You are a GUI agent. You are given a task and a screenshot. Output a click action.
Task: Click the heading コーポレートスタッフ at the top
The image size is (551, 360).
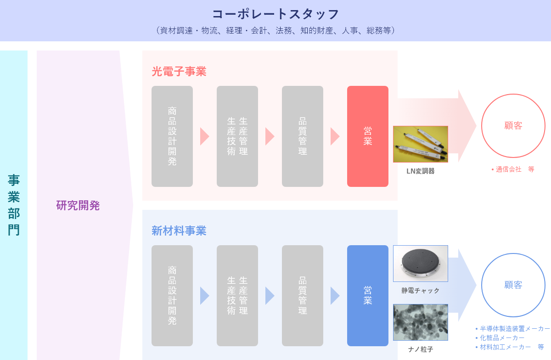tap(275, 14)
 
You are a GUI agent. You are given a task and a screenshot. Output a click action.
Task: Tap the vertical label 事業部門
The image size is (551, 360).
tap(13, 205)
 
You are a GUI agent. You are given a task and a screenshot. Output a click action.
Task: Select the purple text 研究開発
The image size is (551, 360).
tap(78, 205)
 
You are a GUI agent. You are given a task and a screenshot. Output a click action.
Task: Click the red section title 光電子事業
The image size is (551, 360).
tap(179, 72)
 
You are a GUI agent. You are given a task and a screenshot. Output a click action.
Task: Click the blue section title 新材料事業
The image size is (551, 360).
tap(179, 231)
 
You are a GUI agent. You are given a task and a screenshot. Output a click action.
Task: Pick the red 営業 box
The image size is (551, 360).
tap(367, 136)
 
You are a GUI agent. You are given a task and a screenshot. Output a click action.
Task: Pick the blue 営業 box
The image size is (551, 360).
tap(367, 296)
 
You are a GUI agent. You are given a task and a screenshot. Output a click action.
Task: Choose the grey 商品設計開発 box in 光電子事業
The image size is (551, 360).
tap(172, 136)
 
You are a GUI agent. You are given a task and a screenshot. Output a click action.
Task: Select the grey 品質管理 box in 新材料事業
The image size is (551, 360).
tap(302, 296)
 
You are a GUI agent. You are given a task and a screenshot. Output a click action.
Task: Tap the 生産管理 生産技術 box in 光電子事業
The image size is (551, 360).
tap(237, 136)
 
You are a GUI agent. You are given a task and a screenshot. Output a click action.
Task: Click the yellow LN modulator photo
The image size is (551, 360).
tap(421, 144)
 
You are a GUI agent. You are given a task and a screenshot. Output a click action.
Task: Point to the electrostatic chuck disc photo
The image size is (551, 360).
tap(421, 264)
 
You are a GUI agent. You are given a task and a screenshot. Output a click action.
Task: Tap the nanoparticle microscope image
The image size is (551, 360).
tap(421, 322)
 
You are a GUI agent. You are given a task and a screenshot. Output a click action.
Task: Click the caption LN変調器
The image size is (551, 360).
tap(421, 171)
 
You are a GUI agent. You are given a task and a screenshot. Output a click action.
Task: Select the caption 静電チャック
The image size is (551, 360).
tap(421, 291)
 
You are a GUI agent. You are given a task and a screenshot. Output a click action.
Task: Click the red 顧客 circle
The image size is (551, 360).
tap(513, 94)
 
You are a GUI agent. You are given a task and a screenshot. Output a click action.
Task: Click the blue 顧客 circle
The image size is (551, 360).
tap(513, 253)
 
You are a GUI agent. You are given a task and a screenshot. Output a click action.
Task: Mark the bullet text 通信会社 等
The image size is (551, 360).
tap(512, 169)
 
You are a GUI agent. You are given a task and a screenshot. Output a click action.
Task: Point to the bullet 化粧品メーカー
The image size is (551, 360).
tap(500, 337)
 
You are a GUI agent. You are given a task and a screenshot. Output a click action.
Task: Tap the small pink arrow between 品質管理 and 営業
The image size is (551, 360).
tap(335, 136)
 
